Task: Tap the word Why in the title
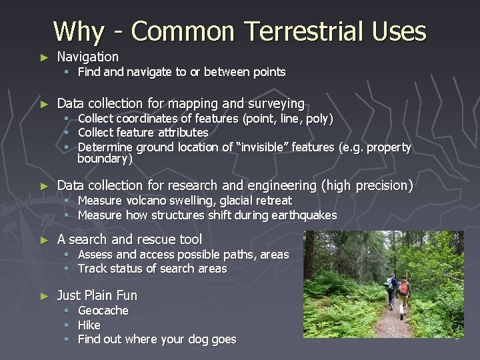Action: click(x=79, y=31)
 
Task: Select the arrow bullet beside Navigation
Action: click(x=44, y=57)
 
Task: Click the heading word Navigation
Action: click(x=87, y=57)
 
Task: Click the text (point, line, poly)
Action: click(x=289, y=119)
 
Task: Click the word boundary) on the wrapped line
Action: click(x=105, y=159)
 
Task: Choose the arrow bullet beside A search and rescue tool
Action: click(x=44, y=239)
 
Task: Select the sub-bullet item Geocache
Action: click(x=103, y=311)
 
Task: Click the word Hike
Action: click(x=89, y=325)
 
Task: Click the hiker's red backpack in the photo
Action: click(x=404, y=289)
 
